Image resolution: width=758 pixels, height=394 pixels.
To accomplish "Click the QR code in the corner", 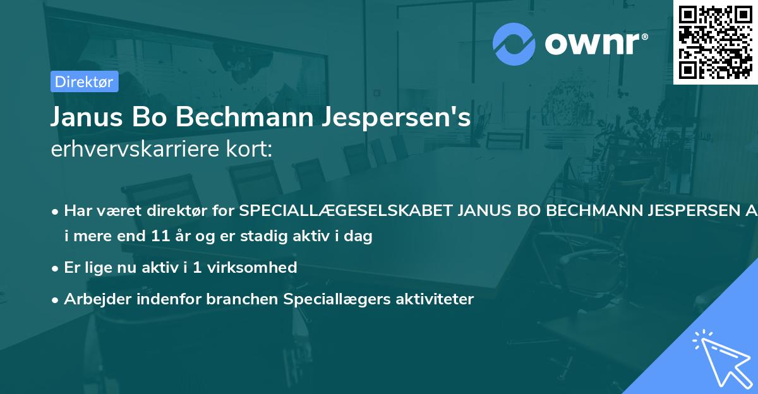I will (x=715, y=42).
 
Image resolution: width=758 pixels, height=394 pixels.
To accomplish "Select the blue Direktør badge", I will (x=84, y=81).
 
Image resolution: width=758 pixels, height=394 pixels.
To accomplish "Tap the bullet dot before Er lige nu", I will (x=56, y=268).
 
